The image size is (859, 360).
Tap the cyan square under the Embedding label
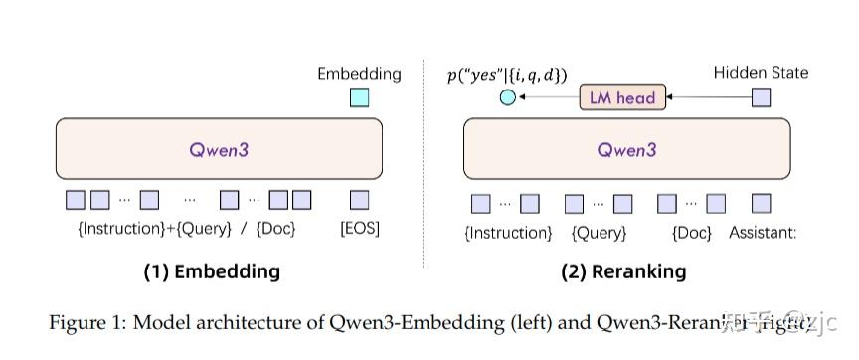359,97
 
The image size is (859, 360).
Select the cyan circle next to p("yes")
508,97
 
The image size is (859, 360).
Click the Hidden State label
762,73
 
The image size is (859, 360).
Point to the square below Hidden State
761,97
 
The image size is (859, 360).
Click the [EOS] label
360,229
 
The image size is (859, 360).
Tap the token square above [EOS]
359,200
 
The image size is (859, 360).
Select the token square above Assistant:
761,204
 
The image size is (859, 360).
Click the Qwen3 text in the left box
219,150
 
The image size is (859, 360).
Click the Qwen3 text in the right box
626,150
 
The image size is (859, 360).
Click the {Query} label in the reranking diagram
599,233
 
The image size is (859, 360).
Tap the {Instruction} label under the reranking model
508,233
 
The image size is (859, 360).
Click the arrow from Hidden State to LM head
707,97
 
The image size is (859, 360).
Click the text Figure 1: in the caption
84,321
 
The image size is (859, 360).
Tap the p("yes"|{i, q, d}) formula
508,74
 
